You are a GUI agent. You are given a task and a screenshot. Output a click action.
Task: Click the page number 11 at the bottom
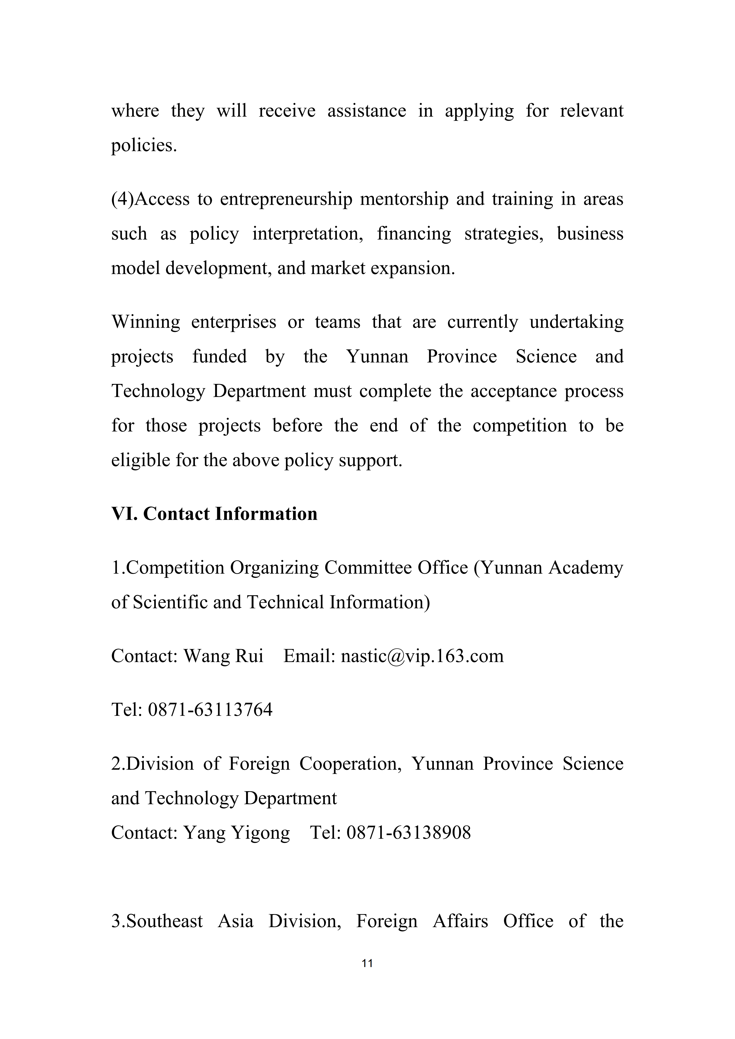(367, 963)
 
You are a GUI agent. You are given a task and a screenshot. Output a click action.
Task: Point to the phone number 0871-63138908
(409, 833)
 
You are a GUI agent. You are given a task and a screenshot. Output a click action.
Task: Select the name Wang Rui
(223, 656)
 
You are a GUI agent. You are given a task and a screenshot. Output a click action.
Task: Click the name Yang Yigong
(236, 833)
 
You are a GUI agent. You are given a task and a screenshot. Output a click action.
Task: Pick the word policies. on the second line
(144, 145)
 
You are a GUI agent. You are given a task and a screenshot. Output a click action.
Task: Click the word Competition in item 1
(175, 567)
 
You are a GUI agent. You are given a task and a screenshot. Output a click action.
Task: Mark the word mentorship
(404, 199)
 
